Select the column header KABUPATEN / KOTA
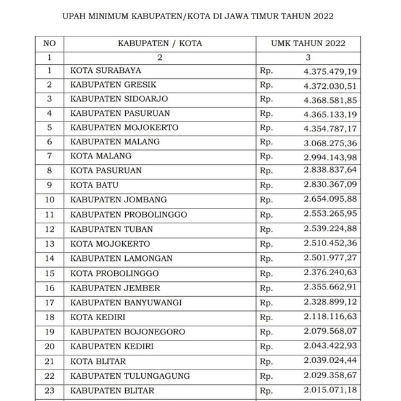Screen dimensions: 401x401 click(x=160, y=43)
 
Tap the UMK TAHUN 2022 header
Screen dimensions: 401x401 click(x=308, y=43)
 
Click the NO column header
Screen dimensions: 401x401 click(x=50, y=43)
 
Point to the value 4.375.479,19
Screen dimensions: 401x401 click(x=330, y=72)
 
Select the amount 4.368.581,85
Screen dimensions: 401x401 click(x=330, y=100)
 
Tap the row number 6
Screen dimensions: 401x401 click(x=50, y=142)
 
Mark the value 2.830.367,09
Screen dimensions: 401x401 click(x=330, y=185)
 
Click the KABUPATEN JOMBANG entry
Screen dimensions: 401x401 click(x=118, y=200)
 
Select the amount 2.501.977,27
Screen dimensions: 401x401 click(x=330, y=258)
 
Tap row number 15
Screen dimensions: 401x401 click(x=50, y=273)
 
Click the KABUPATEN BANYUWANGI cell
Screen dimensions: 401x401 click(x=125, y=302)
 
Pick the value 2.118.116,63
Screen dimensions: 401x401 click(x=330, y=317)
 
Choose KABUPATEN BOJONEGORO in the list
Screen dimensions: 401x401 click(x=128, y=332)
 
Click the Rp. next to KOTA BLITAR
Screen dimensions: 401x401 click(x=267, y=362)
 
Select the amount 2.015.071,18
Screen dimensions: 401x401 click(x=330, y=391)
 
